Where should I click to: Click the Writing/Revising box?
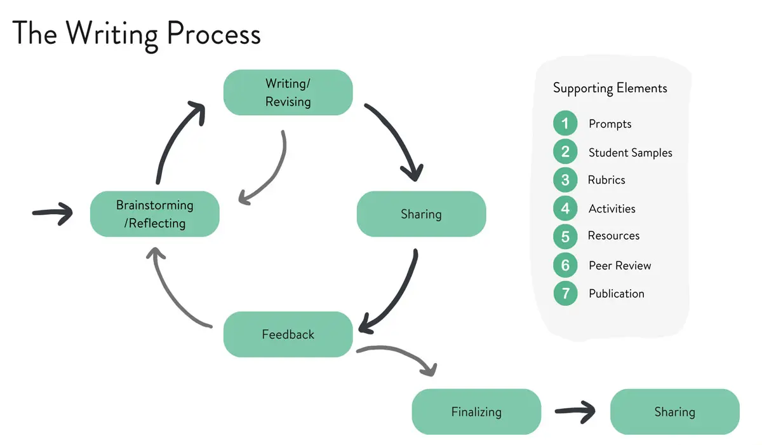[288, 93]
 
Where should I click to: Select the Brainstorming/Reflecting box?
[154, 214]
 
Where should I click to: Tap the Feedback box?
[288, 334]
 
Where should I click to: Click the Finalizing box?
[476, 412]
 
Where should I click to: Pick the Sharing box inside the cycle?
[421, 214]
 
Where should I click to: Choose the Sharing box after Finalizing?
[674, 412]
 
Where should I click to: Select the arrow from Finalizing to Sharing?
[575, 412]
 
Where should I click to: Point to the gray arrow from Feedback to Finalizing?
[400, 355]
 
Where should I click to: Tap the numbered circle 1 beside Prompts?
[565, 123]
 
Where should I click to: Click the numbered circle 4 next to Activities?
[565, 209]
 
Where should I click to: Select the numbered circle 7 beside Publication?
[565, 294]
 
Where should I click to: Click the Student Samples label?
[630, 153]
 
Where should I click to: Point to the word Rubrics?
[606, 180]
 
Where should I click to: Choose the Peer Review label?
[620, 266]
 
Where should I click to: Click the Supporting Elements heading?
[610, 88]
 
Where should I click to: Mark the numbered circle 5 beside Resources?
[565, 236]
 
